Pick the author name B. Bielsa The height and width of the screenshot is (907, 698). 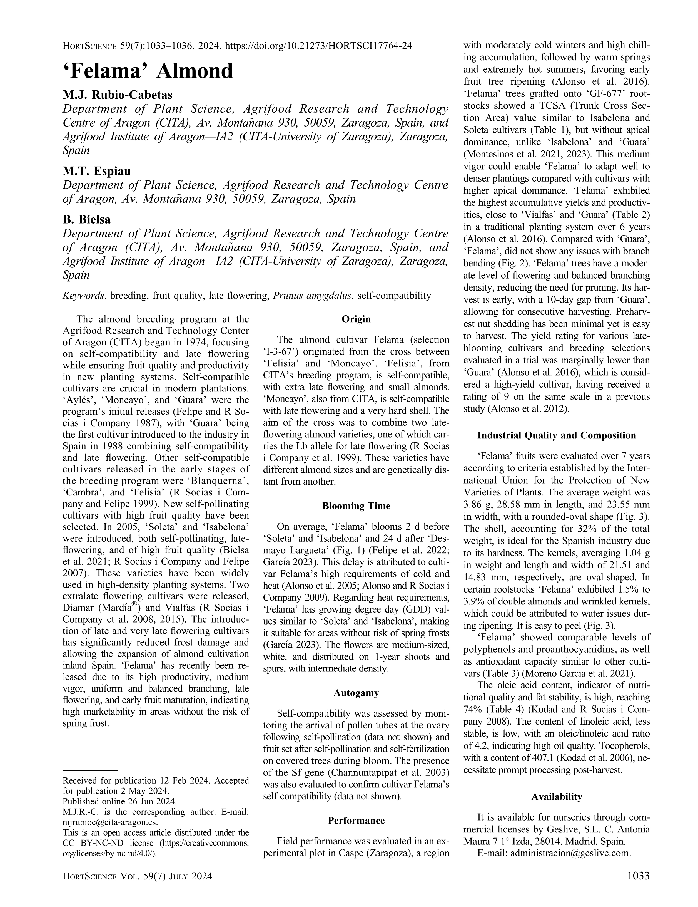tap(87, 219)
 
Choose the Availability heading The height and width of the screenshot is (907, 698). tap(557, 797)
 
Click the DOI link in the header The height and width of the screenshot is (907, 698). tap(318, 46)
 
